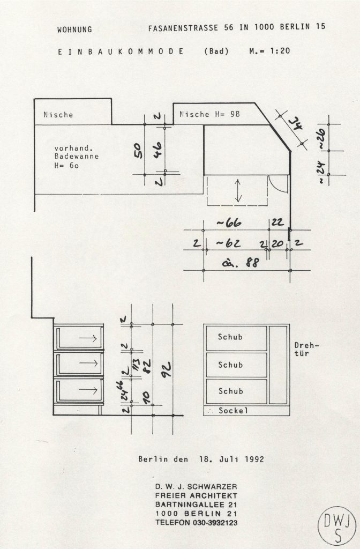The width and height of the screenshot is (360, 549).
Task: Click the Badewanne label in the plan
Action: pos(72,157)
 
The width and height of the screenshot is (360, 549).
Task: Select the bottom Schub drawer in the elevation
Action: pos(236,391)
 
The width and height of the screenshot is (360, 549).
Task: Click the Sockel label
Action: pos(233,410)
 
